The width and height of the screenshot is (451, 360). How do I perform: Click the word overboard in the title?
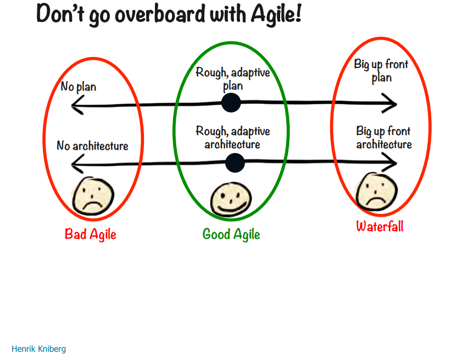(160, 14)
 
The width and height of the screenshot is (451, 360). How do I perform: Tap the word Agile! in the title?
(276, 14)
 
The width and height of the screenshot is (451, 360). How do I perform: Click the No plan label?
(78, 87)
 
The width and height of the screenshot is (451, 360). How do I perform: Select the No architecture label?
(92, 145)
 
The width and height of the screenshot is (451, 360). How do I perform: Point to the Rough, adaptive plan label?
(233, 78)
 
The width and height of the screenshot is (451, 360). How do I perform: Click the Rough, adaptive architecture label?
(233, 137)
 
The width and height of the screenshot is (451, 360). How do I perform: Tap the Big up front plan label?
(381, 71)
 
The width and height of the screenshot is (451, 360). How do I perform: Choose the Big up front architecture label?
(383, 137)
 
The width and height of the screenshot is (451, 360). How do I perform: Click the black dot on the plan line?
(231, 103)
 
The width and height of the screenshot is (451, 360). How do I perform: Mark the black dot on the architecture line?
(235, 163)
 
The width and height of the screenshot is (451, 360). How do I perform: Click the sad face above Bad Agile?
(93, 196)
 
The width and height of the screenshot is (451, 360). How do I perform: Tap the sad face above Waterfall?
(376, 192)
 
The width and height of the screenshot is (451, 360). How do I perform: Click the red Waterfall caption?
(380, 226)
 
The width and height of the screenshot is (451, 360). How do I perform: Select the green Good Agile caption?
(231, 234)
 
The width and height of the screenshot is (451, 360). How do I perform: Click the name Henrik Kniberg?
(38, 349)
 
